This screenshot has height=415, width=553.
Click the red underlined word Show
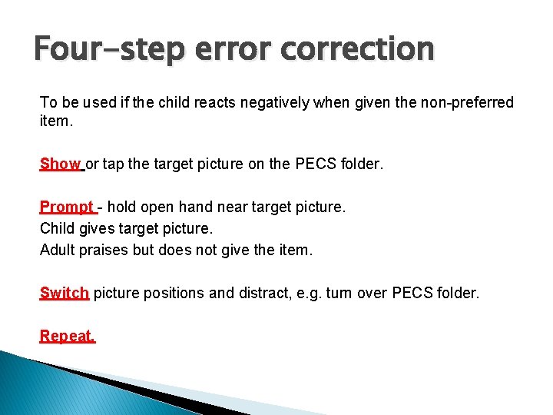[x=60, y=164]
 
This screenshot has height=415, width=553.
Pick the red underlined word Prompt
[x=67, y=207]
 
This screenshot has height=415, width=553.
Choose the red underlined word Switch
[x=65, y=293]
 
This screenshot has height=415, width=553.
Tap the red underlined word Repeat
[x=68, y=336]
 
